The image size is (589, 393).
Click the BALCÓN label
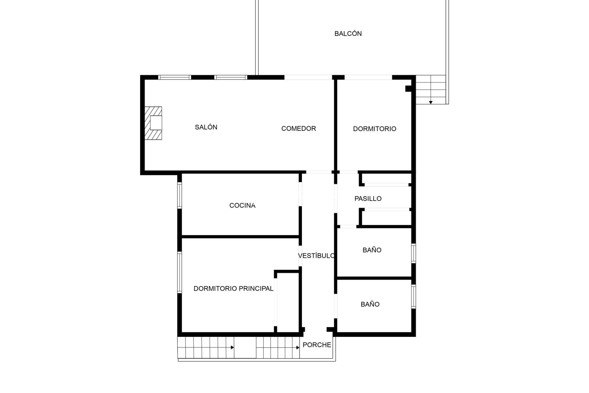pos(348,34)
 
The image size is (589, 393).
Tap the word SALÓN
pos(206,127)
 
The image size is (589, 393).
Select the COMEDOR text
pos(298,129)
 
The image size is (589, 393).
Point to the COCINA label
pos(242,205)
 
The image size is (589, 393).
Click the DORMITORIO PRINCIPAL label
pos(233,289)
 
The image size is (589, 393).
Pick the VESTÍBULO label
pos(316,256)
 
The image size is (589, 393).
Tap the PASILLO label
pos(368,199)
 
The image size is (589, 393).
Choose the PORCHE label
pos(317,345)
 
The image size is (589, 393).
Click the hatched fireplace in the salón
pos(153,123)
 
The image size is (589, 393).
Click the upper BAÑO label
pos(372,250)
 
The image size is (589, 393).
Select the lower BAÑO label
pos(370,304)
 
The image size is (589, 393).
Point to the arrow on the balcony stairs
pos(431,102)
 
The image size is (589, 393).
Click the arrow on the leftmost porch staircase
pos(232,348)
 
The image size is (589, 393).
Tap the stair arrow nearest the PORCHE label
pos(298,348)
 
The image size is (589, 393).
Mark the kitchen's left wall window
pos(180,196)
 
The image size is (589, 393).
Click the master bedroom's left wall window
pos(180,272)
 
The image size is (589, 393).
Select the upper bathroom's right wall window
pos(414,253)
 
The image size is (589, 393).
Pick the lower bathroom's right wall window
pos(414,296)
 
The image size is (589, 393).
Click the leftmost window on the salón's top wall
pos(175,77)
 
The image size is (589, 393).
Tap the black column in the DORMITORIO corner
pos(408,88)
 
